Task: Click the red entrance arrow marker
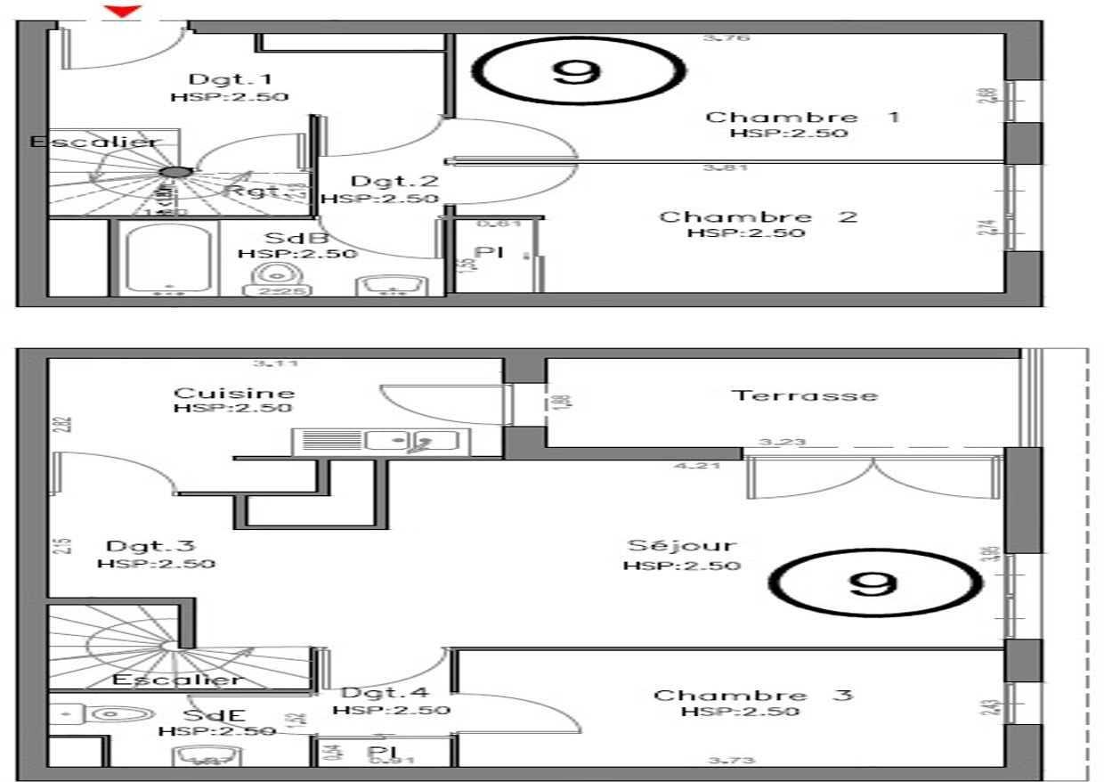(124, 10)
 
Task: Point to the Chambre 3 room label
(753, 695)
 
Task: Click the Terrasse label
(804, 395)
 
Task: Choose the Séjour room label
(682, 545)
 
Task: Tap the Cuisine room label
(233, 393)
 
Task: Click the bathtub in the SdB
(168, 258)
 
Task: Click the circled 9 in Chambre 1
(576, 70)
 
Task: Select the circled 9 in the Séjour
(874, 583)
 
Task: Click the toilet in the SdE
(98, 713)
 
